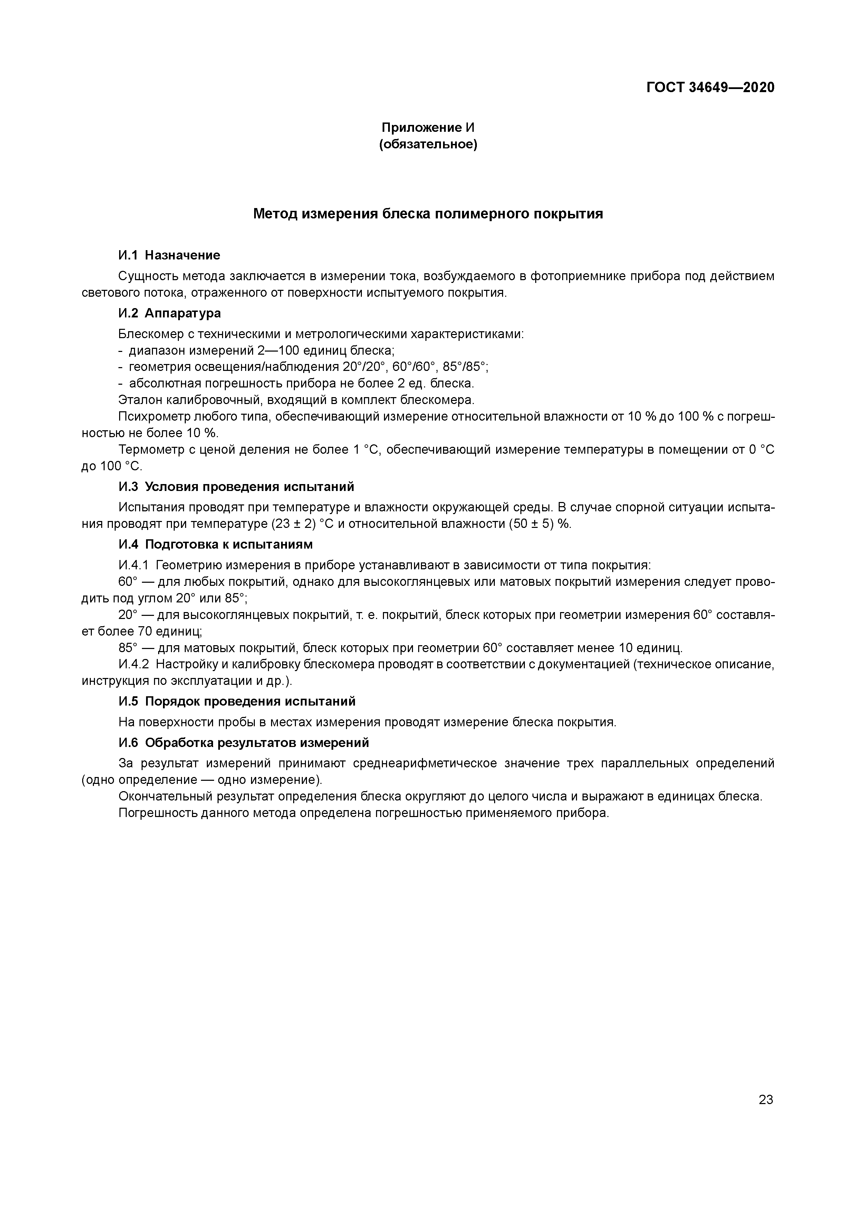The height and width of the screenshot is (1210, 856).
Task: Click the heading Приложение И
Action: [428, 128]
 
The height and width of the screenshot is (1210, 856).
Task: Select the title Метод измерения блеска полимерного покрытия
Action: [428, 214]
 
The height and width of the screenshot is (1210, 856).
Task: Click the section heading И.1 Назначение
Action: [169, 256]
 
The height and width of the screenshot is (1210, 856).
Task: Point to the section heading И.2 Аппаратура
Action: [169, 314]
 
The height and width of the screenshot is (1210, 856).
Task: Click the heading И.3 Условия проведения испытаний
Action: [236, 487]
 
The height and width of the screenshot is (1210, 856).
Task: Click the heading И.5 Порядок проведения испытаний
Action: [237, 701]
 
